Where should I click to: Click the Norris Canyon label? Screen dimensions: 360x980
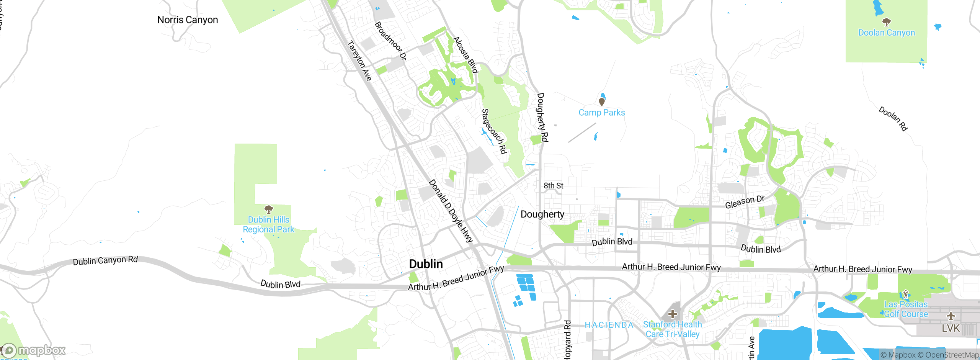pyautogui.click(x=188, y=20)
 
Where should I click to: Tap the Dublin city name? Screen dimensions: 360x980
pyautogui.click(x=426, y=264)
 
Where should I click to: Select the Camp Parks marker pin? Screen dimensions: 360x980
pyautogui.click(x=602, y=102)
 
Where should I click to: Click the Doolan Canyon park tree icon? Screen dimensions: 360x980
pyautogui.click(x=886, y=22)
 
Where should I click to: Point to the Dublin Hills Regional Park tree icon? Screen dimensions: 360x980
pyautogui.click(x=269, y=209)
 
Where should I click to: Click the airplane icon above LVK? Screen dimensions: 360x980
pyautogui.click(x=951, y=316)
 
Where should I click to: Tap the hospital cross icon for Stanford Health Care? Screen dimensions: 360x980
pyautogui.click(x=672, y=314)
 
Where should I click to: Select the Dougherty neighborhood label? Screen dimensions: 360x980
pyautogui.click(x=542, y=214)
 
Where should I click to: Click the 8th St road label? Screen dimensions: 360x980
pyautogui.click(x=553, y=186)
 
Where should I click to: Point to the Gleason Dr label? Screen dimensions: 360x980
pyautogui.click(x=745, y=202)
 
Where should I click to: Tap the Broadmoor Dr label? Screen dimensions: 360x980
pyautogui.click(x=390, y=41)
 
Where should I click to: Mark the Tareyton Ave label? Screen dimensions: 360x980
pyautogui.click(x=359, y=61)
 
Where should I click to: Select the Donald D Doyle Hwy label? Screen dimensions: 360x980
pyautogui.click(x=451, y=211)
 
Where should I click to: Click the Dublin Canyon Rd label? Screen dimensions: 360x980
pyautogui.click(x=105, y=260)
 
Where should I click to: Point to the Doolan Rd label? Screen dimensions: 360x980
pyautogui.click(x=893, y=119)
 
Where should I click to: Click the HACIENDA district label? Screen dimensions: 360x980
pyautogui.click(x=609, y=325)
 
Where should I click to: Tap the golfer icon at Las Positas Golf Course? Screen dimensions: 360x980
pyautogui.click(x=906, y=295)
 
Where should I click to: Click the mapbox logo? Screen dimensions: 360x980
pyautogui.click(x=34, y=350)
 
